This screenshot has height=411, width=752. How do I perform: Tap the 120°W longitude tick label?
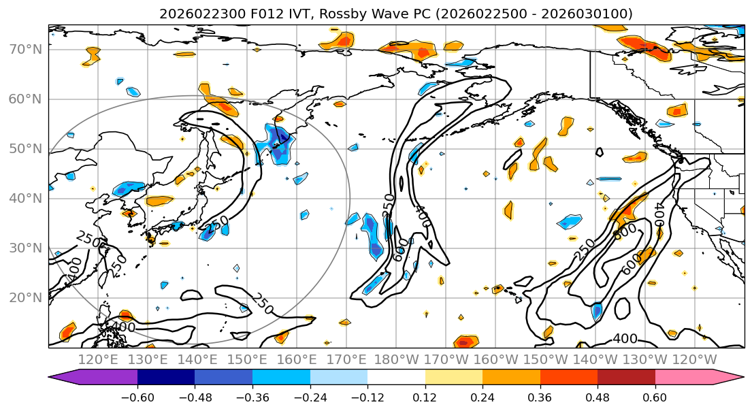tap(694, 359)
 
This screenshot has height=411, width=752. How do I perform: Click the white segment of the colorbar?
tap(396, 378)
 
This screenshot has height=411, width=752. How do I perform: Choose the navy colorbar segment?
tap(166, 378)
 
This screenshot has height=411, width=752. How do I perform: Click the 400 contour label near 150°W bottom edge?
tap(625, 339)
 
